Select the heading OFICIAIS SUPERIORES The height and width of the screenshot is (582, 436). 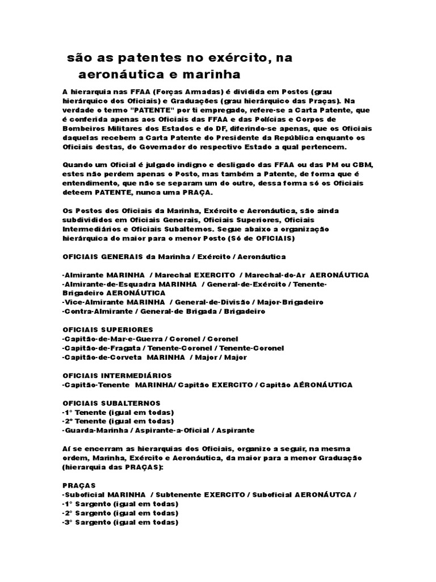tap(107, 329)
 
